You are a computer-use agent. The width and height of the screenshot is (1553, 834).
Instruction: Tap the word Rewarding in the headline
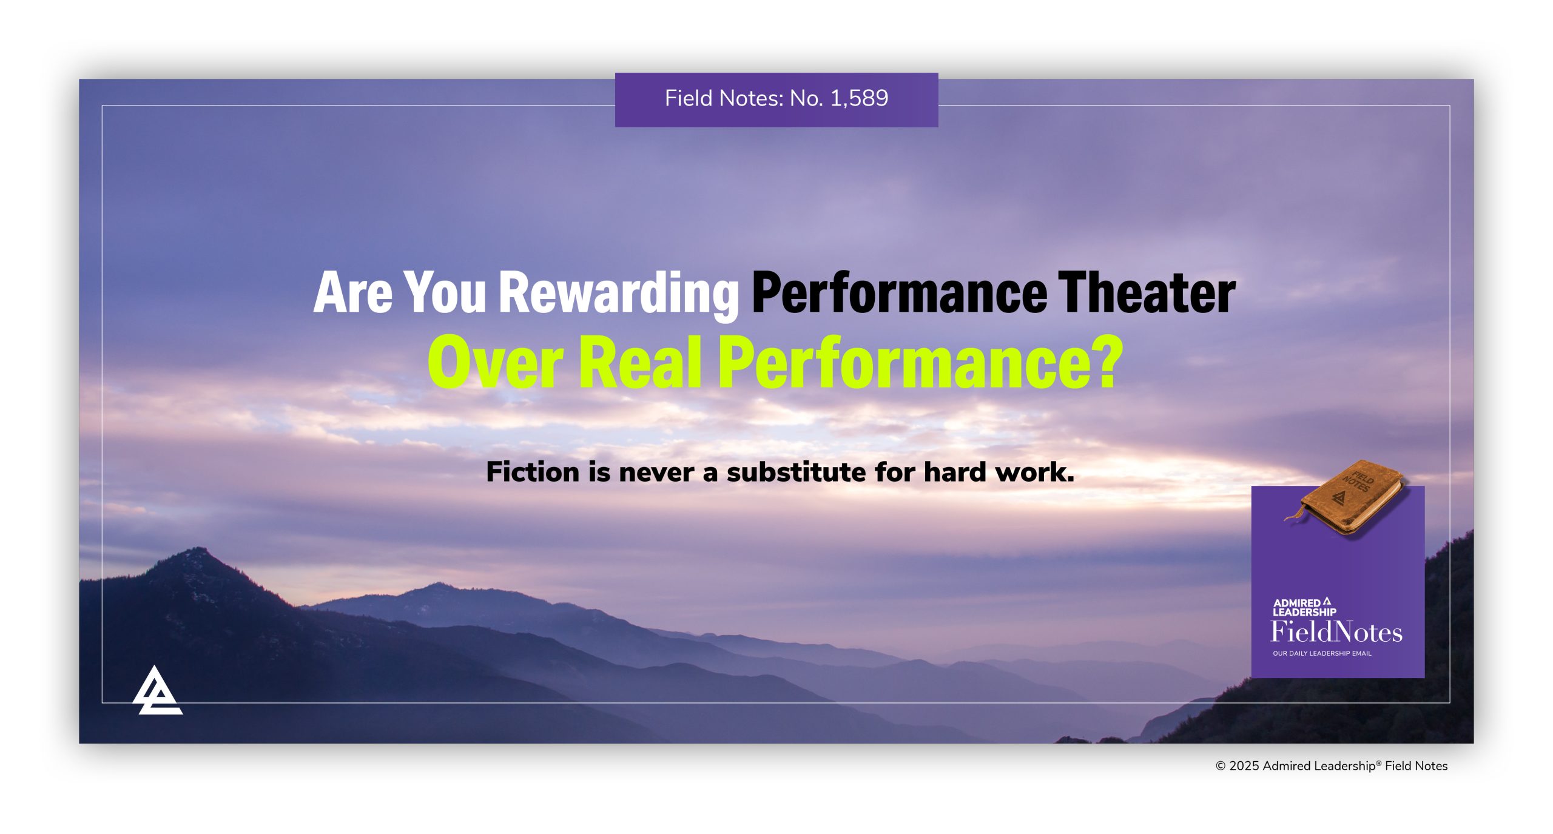click(618, 294)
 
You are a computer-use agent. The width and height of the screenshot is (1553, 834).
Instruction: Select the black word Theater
click(1146, 293)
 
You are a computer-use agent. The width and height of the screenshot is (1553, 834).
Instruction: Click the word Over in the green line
click(495, 363)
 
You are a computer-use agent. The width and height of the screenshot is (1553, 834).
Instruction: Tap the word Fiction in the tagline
click(532, 472)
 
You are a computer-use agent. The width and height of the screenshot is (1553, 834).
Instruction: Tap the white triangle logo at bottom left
click(157, 691)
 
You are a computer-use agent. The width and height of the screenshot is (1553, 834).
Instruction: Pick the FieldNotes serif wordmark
click(1336, 632)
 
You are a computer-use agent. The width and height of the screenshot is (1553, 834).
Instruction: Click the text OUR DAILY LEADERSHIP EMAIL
click(1322, 653)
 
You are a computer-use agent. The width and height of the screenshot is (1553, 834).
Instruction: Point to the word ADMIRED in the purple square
click(1296, 603)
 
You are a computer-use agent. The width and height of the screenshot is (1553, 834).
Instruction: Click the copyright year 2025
click(1244, 766)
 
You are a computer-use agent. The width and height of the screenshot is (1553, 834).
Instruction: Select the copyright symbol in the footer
click(1221, 766)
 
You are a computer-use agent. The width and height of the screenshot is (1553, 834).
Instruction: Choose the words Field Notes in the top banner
click(713, 98)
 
